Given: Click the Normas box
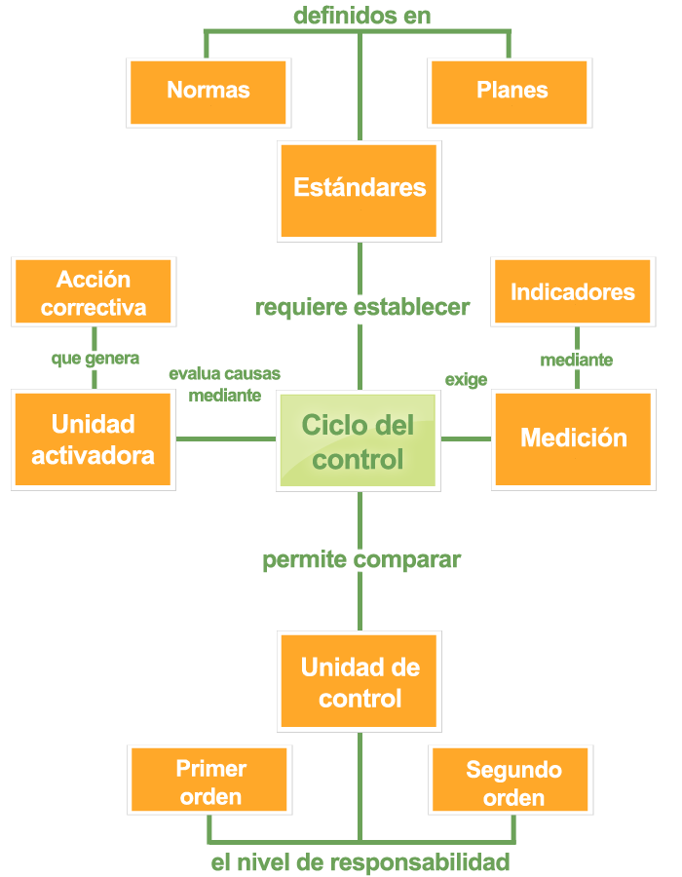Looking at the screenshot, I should click(208, 92).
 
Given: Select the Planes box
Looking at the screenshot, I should click(511, 92).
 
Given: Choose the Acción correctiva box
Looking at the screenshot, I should click(93, 292).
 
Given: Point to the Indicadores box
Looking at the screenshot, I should click(572, 291).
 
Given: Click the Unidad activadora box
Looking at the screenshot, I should click(93, 439).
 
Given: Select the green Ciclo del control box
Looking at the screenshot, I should click(358, 440).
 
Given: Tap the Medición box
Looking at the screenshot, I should click(573, 438).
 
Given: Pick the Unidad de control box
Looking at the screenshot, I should click(360, 681).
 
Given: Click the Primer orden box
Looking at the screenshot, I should click(208, 781).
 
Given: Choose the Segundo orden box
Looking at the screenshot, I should click(511, 782).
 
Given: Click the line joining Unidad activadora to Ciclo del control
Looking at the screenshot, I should click(226, 438).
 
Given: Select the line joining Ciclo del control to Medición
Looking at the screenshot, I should click(466, 438).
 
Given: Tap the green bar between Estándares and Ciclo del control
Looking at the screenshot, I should click(362, 308).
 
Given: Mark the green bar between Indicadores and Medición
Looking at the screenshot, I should click(576, 360).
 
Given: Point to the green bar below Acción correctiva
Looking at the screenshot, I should click(95, 361).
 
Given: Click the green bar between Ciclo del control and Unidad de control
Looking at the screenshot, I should click(361, 562).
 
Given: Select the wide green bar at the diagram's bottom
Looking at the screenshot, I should click(360, 863).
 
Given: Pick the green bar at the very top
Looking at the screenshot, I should click(361, 15).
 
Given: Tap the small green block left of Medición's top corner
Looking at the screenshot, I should click(466, 381).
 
